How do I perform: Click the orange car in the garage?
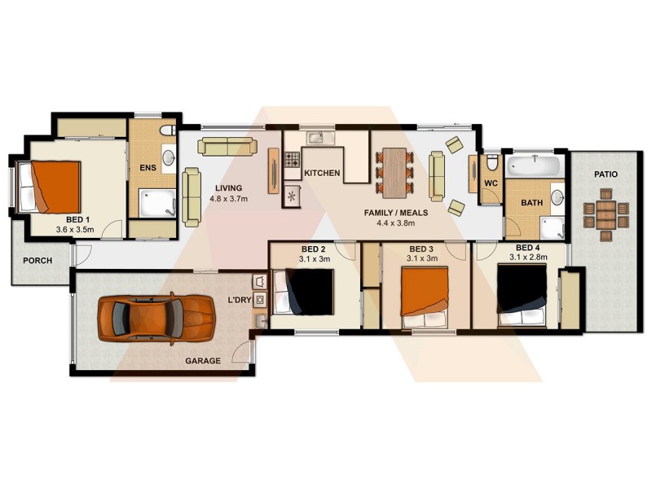click(x=155, y=319)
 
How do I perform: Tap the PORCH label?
click(x=37, y=261)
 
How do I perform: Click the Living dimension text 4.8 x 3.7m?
click(x=228, y=198)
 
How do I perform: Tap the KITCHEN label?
click(x=321, y=174)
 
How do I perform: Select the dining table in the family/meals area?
click(x=395, y=171)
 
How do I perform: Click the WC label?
click(x=491, y=183)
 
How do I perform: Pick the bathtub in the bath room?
click(x=534, y=167)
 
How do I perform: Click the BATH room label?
click(x=531, y=203)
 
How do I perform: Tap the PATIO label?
click(x=606, y=174)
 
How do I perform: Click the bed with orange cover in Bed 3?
click(x=424, y=291)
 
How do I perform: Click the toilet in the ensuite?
click(x=165, y=130)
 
